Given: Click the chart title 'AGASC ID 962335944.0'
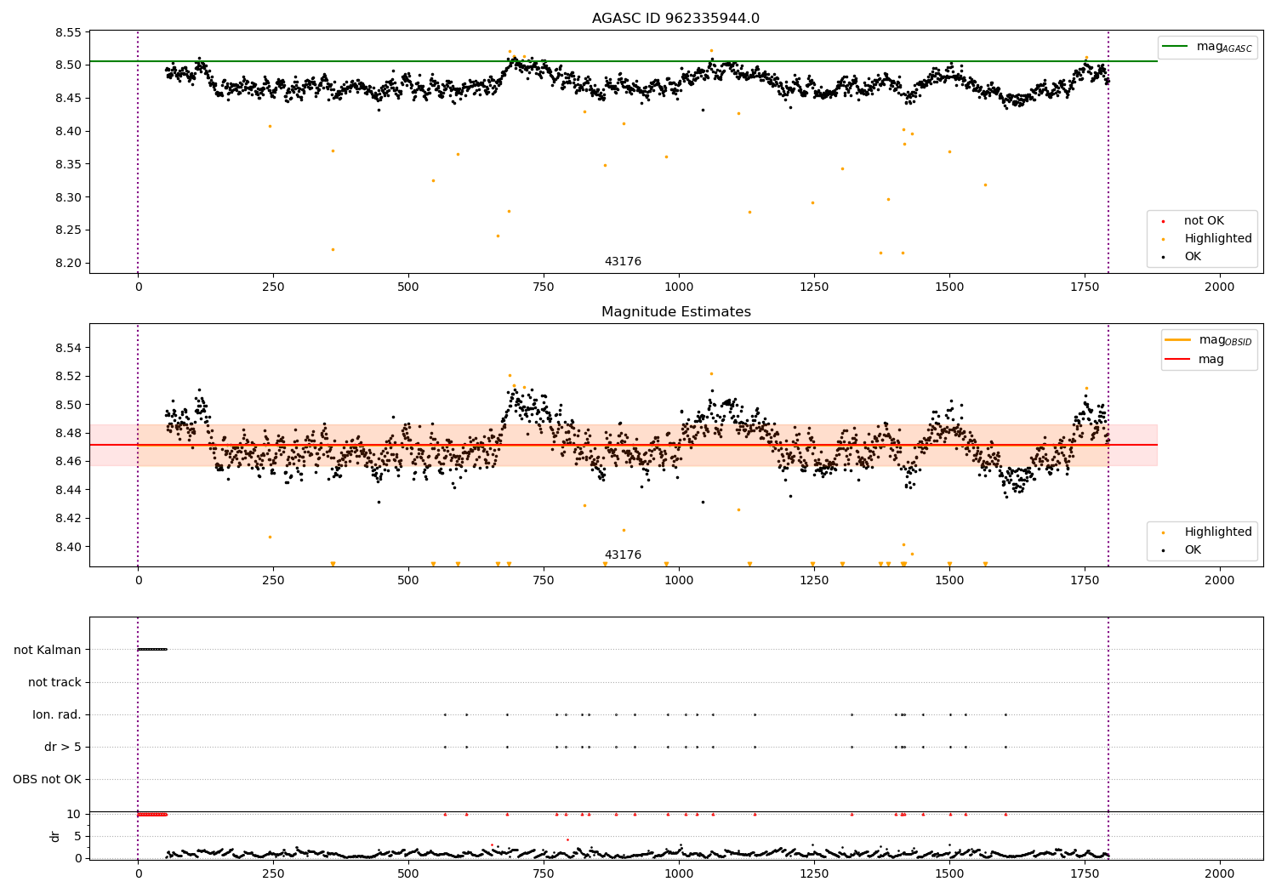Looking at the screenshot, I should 675,19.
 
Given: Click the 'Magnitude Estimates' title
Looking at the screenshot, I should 675,312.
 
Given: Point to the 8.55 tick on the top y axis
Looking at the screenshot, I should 68,33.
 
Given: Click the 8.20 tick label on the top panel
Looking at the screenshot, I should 68,264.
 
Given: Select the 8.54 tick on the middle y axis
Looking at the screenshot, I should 68,348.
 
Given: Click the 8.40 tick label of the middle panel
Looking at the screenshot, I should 68,547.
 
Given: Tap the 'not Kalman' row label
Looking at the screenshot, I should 48,650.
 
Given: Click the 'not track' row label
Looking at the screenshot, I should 54,682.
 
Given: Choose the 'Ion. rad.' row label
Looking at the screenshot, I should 57,714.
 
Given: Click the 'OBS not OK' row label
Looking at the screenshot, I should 47,779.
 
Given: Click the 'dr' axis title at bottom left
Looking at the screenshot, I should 55,836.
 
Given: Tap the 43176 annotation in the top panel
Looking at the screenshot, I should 623,261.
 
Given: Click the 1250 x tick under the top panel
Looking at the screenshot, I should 814,287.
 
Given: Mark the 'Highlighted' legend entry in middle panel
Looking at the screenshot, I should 1217,532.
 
